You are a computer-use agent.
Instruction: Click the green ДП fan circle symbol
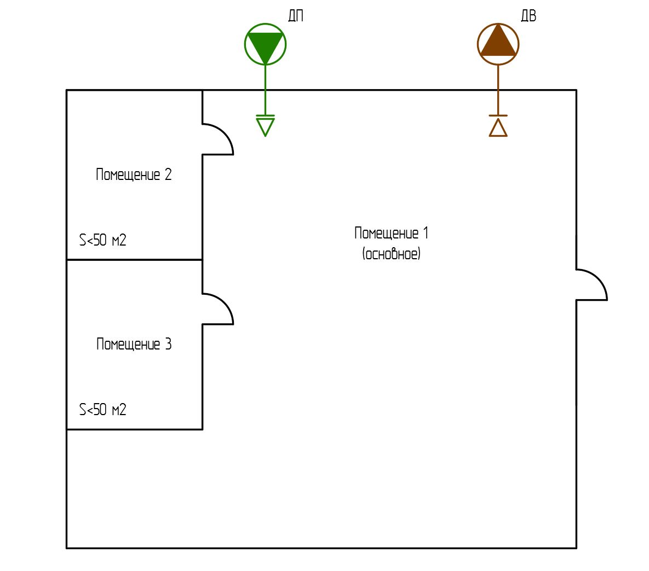(265, 44)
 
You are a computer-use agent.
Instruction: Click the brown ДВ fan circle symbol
(498, 44)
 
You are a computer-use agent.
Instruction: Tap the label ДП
(296, 16)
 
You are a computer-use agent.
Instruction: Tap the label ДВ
(528, 16)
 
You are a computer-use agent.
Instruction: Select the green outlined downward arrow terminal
(265, 126)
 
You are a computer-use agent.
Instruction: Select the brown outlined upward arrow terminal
(498, 127)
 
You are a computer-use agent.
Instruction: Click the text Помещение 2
(134, 174)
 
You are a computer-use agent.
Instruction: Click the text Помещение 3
(134, 344)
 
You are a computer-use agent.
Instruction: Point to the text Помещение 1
(391, 233)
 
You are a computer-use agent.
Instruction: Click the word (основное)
(391, 254)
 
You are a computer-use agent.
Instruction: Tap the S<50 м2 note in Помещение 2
(103, 240)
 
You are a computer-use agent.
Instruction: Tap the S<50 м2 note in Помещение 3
(103, 410)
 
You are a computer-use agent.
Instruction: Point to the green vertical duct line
(265, 90)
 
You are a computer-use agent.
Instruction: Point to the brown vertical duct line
(498, 90)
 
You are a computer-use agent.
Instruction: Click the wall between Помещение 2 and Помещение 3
(134, 259)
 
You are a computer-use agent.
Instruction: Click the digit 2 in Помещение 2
(168, 174)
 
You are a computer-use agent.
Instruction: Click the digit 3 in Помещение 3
(168, 344)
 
